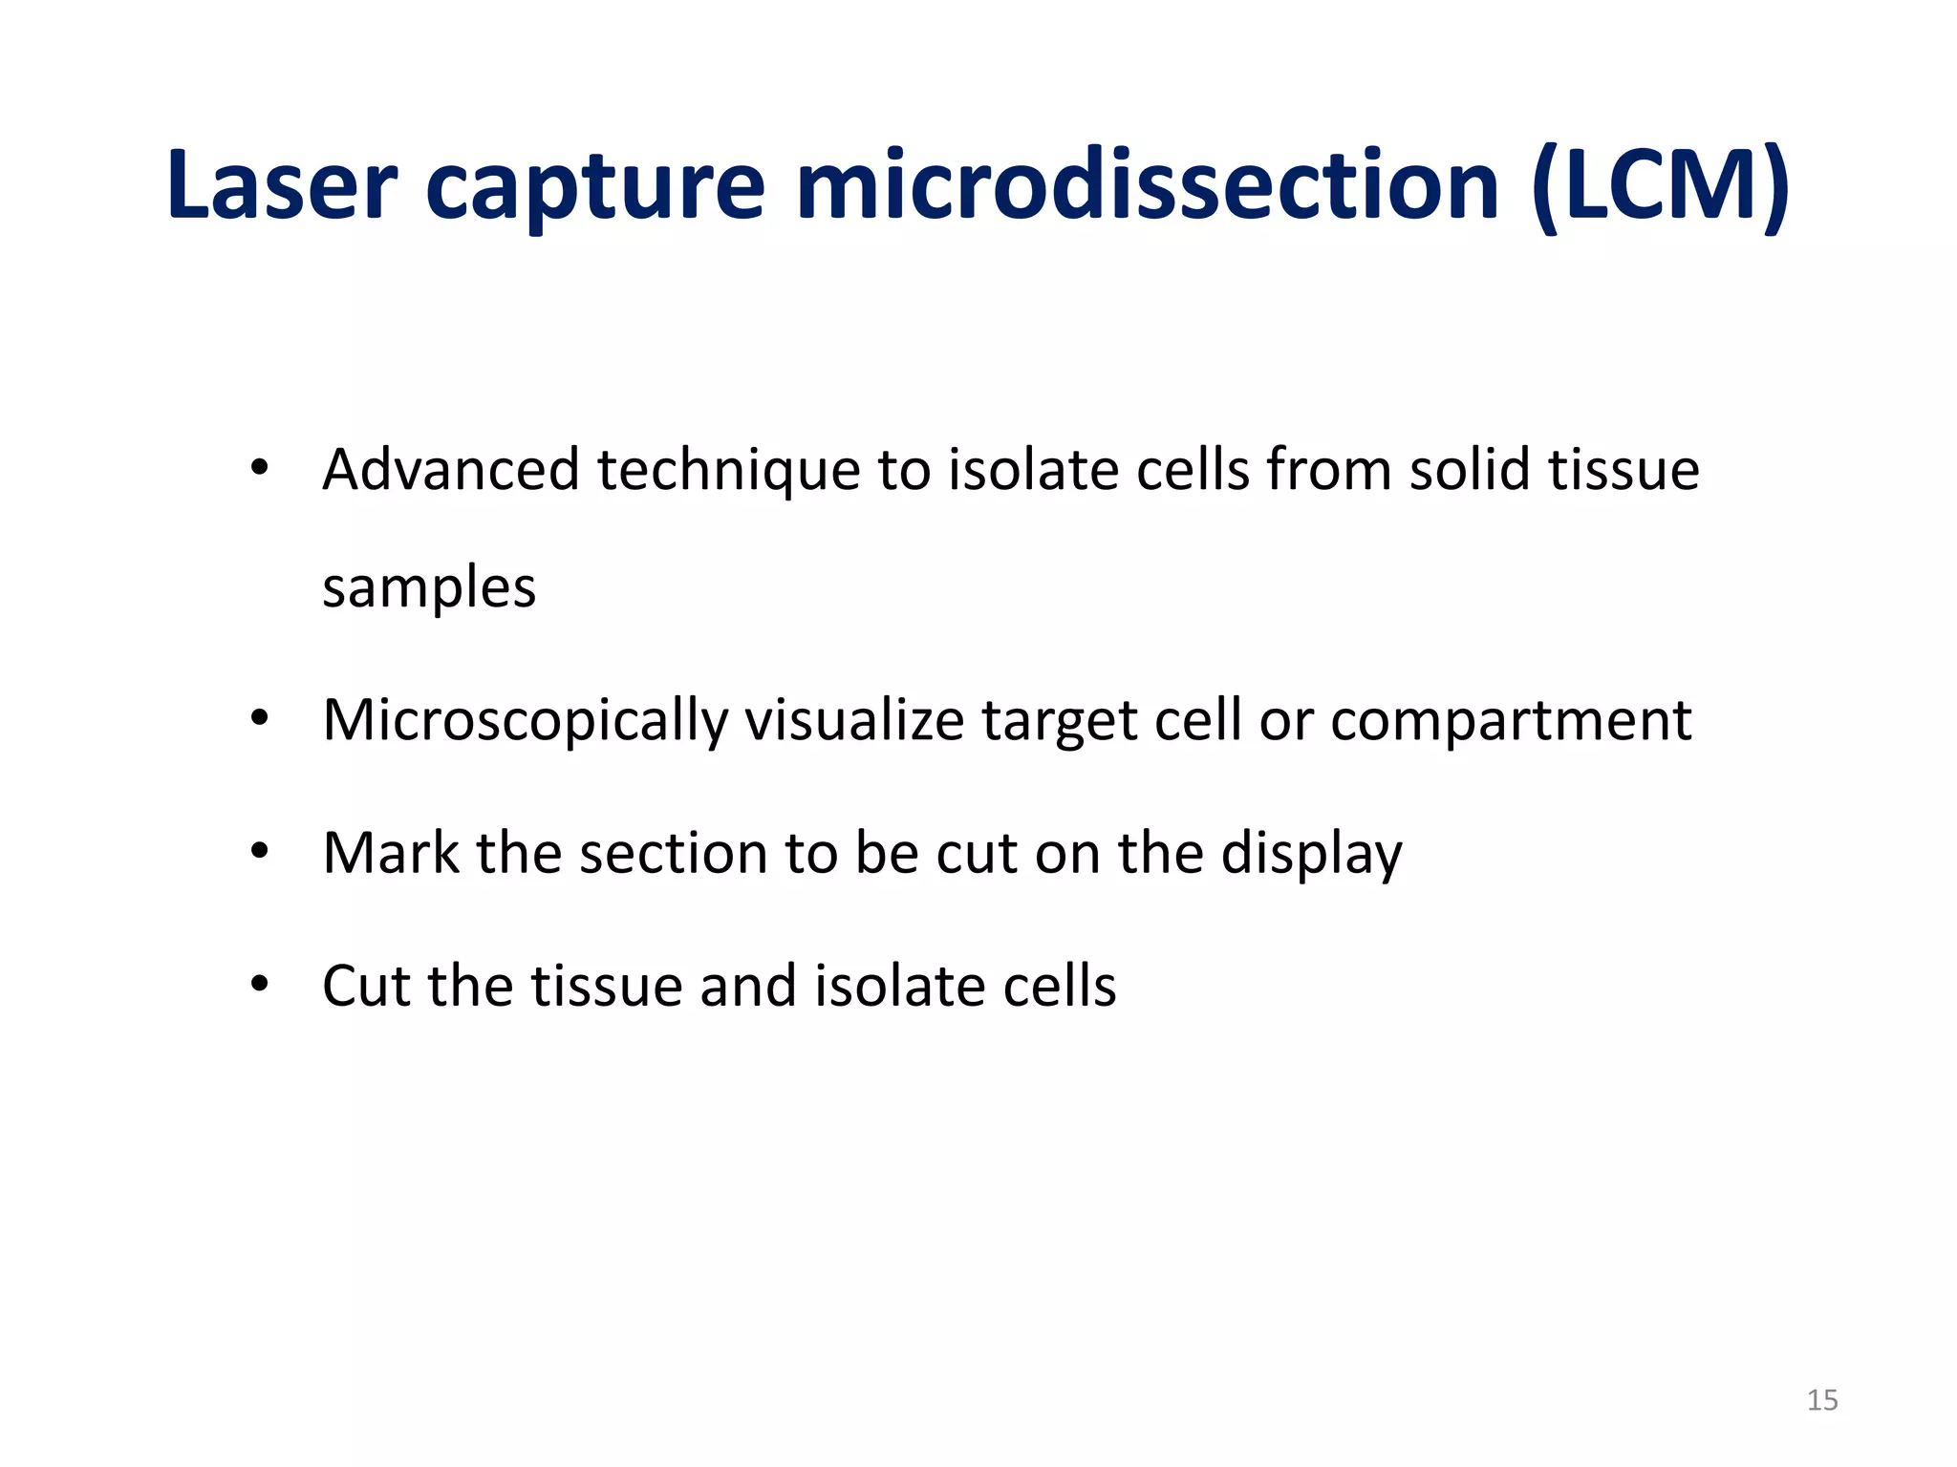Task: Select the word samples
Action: point(429,588)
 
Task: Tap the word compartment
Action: point(1511,720)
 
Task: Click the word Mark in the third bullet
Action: point(391,852)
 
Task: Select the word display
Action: point(1311,854)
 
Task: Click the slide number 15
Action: point(1821,1400)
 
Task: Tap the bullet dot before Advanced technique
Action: point(259,469)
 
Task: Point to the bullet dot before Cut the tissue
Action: point(259,984)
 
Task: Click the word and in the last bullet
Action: point(747,986)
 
